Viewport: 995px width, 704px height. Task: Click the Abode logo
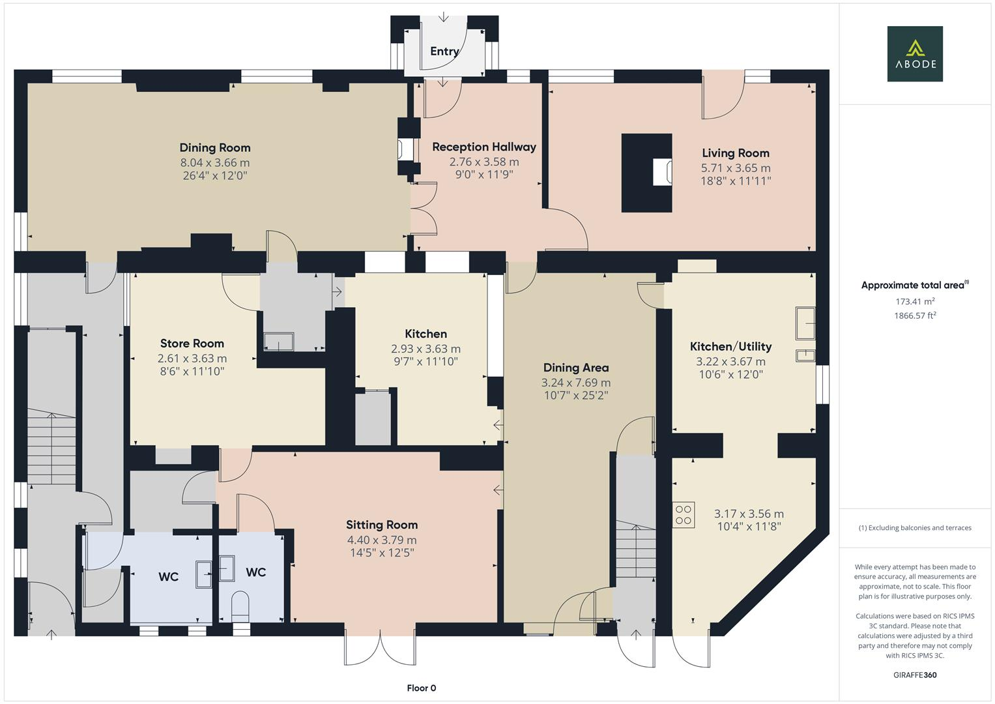[x=914, y=53]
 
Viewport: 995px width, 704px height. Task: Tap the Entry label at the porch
[x=444, y=51]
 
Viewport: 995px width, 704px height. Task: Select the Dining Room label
[x=215, y=148]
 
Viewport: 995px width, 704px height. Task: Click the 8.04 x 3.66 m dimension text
[x=215, y=162]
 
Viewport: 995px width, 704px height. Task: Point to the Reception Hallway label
[x=483, y=147]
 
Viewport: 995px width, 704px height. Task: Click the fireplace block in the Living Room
[x=646, y=173]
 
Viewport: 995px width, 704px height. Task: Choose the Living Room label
[x=735, y=153]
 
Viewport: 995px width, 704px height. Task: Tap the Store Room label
[x=192, y=344]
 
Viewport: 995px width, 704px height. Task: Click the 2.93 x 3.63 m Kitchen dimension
[x=425, y=349]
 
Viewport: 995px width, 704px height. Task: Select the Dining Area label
[x=575, y=368]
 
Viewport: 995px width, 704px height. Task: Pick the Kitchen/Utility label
[x=730, y=347]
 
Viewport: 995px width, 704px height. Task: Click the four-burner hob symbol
[x=684, y=514]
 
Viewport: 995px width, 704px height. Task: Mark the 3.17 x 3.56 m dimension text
[x=749, y=514]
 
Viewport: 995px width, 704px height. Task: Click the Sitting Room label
[x=382, y=525]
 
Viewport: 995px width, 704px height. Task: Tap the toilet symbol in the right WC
[x=240, y=604]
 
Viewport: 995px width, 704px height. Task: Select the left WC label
[x=168, y=577]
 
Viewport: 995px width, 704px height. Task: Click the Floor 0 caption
[x=421, y=688]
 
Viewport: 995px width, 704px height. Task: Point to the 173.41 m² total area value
[x=915, y=302]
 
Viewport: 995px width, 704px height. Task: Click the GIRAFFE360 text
[x=914, y=675]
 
